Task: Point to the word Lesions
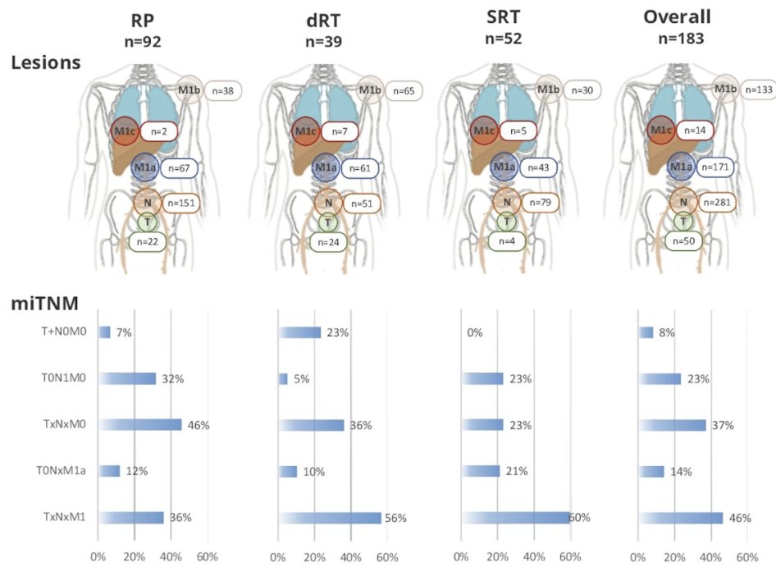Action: (x=46, y=62)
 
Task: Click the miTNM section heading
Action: (x=44, y=303)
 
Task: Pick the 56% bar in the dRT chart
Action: (x=330, y=518)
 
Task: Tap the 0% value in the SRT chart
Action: (x=475, y=332)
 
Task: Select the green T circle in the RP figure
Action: (x=148, y=222)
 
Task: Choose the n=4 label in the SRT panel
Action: (x=506, y=241)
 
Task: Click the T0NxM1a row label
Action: (x=62, y=471)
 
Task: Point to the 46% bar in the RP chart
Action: (x=139, y=425)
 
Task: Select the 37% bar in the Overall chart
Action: (x=673, y=425)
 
